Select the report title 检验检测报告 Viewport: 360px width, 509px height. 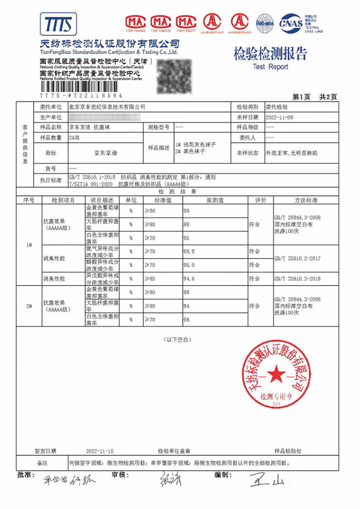(270, 54)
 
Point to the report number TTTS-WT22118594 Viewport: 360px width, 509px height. (81, 96)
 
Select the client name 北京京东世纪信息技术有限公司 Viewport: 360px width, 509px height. (107, 107)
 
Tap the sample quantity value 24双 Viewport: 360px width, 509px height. (74, 138)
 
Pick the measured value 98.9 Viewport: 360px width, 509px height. (190, 252)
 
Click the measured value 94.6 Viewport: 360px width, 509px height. (190, 279)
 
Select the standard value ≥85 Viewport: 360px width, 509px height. (150, 279)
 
